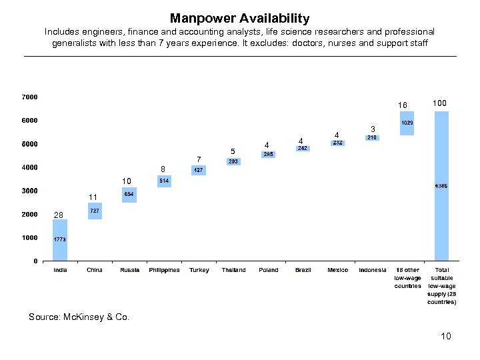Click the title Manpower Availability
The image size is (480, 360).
[239, 18]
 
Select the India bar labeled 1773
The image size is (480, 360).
[60, 239]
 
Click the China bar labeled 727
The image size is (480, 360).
[95, 211]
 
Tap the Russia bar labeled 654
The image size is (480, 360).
[129, 194]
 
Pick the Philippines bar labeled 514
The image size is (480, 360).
[164, 181]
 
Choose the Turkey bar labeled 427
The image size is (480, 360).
[199, 170]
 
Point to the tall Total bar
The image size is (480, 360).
[441, 185]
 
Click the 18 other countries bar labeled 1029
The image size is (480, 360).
[407, 123]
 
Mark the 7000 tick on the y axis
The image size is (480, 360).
[29, 97]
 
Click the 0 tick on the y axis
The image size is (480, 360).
[35, 261]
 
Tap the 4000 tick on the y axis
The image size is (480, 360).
[29, 167]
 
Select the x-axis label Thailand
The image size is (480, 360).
[233, 270]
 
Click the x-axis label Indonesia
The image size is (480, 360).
[372, 270]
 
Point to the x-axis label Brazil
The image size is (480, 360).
[303, 270]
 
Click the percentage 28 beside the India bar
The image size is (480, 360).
[58, 215]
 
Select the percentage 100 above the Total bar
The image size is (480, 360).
[439, 103]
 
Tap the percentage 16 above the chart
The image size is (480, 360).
[402, 105]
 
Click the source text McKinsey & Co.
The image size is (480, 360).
[79, 317]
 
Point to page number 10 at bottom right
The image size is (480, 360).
[445, 336]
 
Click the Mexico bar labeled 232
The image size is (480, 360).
[337, 143]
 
